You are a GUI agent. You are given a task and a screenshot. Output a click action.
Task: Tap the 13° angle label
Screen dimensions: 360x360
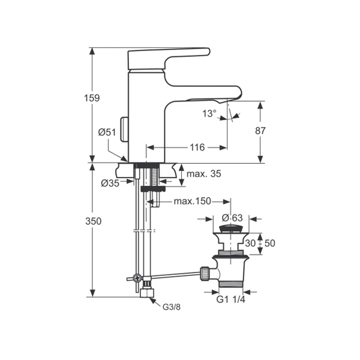pos(209,113)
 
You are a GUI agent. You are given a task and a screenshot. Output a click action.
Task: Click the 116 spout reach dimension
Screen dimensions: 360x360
pos(197,147)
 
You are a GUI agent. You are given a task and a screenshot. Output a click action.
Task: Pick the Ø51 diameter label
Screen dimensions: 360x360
pos(106,133)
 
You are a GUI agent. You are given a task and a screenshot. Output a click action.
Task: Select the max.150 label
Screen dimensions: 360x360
pos(193,201)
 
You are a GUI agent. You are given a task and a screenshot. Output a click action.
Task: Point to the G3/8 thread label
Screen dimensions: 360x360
pos(172,307)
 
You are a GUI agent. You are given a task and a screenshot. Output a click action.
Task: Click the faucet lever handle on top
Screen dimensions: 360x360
pos(168,58)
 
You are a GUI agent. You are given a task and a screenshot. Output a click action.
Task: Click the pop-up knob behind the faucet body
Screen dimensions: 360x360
pos(125,128)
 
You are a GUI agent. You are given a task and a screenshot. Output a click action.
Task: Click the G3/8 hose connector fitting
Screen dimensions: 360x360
pos(146,292)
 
